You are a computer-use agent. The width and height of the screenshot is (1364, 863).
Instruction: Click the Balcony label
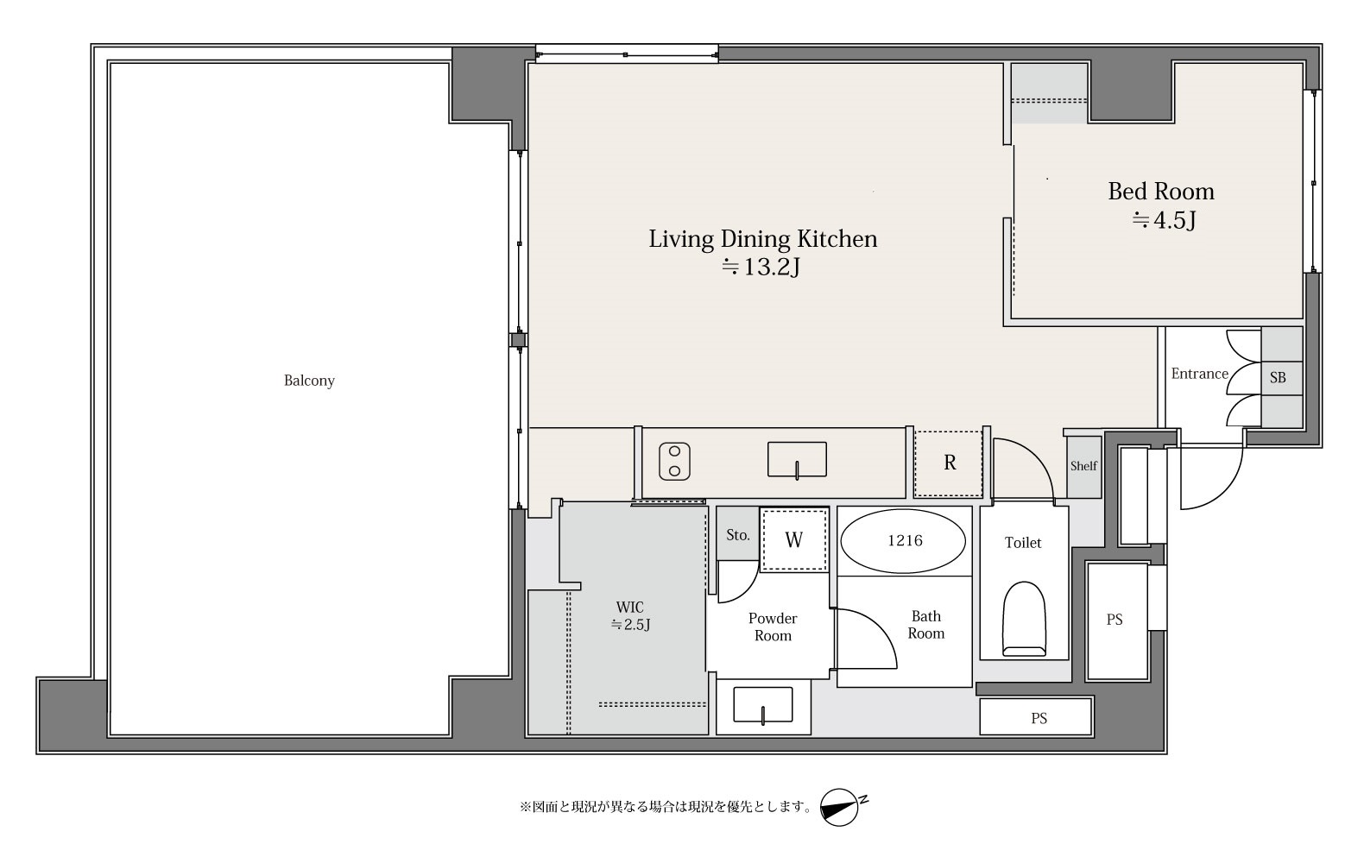point(309,381)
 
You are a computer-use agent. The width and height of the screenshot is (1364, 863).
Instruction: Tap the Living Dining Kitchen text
point(763,238)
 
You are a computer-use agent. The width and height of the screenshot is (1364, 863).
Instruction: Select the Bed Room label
point(1160,192)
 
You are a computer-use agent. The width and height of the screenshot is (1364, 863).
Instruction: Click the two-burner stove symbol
point(674,462)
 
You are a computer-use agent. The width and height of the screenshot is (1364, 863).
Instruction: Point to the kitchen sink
point(797,460)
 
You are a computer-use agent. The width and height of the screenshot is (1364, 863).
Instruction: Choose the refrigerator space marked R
point(949,463)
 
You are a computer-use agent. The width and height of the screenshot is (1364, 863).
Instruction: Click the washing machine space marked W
point(794,540)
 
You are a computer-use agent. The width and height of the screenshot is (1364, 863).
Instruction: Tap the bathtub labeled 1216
point(903,541)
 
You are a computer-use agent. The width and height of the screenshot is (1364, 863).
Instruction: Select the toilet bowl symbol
point(1024,619)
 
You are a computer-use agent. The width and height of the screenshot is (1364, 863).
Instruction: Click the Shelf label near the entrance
point(1084,466)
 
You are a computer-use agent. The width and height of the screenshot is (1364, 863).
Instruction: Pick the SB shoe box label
point(1278,378)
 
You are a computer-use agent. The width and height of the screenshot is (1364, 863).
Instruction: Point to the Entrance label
point(1200,374)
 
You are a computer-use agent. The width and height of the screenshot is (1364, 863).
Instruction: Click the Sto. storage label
point(737,535)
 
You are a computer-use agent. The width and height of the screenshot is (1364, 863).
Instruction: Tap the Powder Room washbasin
point(763,706)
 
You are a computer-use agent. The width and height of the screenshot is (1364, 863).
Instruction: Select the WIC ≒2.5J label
point(630,616)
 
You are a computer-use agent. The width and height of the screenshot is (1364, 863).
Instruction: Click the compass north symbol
point(841,808)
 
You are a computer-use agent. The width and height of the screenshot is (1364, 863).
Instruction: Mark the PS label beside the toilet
point(1115,620)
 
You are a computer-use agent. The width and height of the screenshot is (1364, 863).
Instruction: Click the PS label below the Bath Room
point(1039,719)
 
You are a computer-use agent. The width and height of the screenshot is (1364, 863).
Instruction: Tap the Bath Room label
point(926,625)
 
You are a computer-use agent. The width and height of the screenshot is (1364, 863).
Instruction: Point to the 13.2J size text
point(761,267)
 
